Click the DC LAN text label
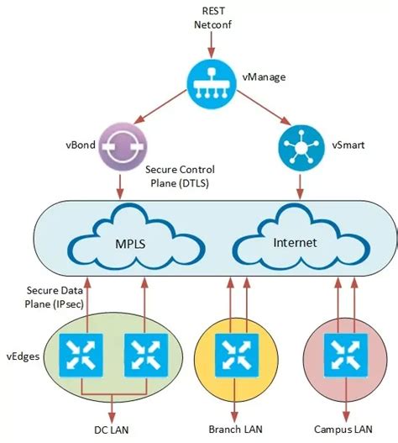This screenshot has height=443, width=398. coord(113,430)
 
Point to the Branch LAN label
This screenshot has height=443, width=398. coord(236,430)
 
